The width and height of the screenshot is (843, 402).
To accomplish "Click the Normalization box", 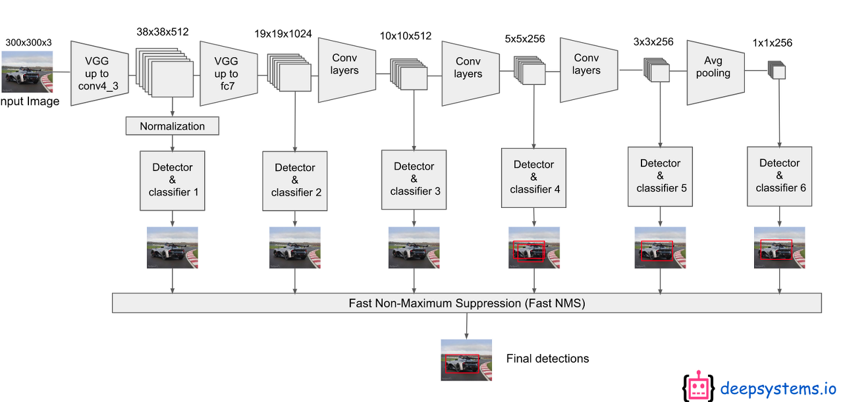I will (172, 126).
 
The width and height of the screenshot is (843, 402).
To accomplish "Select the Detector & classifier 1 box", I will (173, 180).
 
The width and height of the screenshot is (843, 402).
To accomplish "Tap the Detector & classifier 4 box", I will (533, 178).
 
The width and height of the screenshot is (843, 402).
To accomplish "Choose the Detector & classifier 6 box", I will (780, 176).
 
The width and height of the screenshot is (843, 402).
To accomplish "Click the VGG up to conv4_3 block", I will (99, 74).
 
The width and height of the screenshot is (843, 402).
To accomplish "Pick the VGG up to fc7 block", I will (228, 74).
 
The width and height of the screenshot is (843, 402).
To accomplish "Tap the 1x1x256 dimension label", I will (772, 43).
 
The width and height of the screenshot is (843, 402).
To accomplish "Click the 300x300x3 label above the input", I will (28, 43).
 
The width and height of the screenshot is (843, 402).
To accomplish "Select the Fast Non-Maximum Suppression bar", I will (467, 303).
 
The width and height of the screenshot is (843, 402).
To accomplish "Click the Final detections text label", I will (547, 359).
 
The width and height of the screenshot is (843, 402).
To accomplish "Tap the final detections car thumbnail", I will (466, 360).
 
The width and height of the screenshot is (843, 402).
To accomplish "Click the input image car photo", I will (27, 72).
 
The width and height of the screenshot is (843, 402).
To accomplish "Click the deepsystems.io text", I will (778, 388).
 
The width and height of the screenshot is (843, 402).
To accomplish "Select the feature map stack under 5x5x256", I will (531, 70).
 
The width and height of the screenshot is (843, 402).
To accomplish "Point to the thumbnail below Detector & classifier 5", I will (659, 247).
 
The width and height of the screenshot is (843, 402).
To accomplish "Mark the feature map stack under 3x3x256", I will (656, 70).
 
